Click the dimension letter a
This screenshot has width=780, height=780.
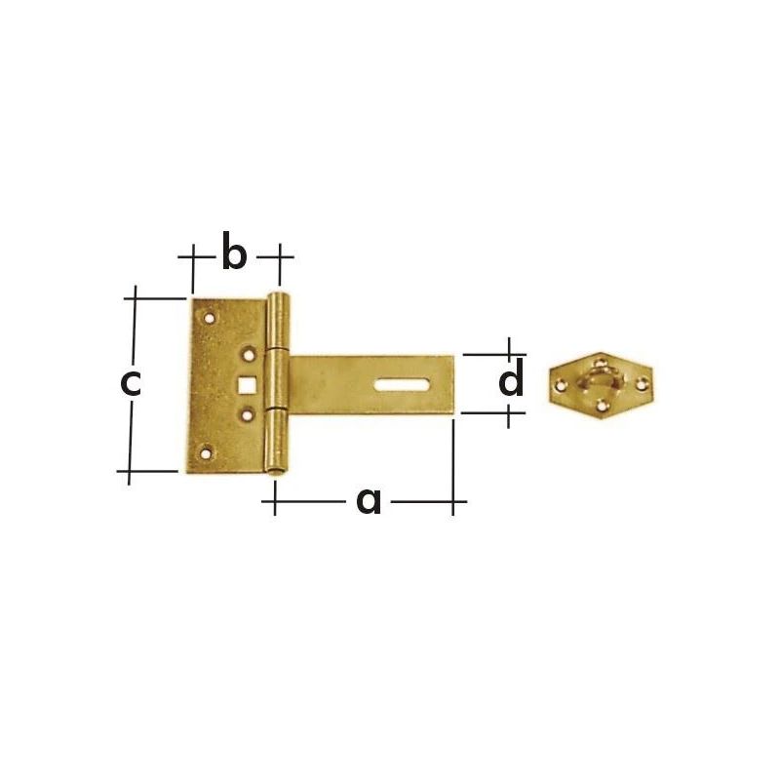coord(369,500)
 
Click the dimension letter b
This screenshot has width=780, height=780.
coord(234,253)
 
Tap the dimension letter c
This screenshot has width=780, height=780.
coord(131,382)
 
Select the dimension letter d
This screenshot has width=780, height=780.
coord(511,381)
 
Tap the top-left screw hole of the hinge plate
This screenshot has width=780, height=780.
coord(209,316)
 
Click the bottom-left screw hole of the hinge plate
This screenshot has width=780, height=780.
coord(205,451)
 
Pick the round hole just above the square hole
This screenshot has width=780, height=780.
coord(250,356)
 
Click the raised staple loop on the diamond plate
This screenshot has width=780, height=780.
coord(601,378)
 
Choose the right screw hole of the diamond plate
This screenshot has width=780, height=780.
coord(641,384)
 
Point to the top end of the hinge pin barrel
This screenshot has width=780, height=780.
coord(280,296)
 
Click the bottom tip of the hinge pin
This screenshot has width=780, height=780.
coord(278,473)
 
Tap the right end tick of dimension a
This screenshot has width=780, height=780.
coord(453,502)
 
